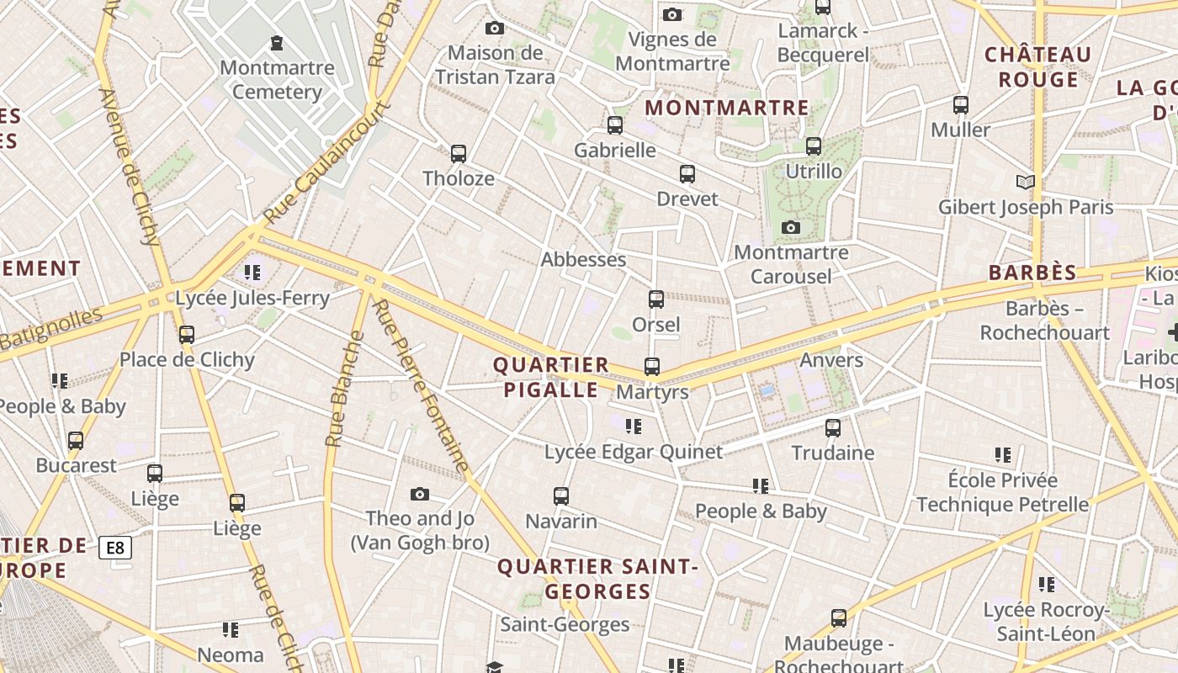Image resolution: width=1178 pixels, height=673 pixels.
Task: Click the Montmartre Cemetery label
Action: coord(277,80)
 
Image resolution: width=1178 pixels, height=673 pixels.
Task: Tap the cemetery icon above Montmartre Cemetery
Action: coord(277,43)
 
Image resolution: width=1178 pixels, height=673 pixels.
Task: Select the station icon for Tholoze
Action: coord(459,154)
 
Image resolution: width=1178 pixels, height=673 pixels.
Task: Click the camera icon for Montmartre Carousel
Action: coord(791,227)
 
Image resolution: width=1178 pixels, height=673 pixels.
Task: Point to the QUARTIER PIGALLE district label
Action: coord(551,377)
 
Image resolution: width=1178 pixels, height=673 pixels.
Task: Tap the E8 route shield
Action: coord(115,548)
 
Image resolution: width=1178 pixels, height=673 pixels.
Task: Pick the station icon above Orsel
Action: coord(656,299)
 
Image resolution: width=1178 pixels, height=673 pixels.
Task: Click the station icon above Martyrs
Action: coord(652,367)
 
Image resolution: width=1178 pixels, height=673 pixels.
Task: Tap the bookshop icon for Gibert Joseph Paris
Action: coord(1025,182)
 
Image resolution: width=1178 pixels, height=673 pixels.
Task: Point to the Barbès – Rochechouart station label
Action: coord(1044,321)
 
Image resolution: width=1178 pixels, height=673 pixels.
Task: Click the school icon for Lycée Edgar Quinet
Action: coord(634,427)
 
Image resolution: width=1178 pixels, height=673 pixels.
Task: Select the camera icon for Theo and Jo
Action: coord(420,494)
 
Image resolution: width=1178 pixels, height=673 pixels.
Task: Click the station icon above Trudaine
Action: coord(833,427)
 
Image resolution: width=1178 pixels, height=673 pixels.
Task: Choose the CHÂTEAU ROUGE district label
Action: coord(1037,67)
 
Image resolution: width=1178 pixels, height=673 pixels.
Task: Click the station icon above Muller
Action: coord(961,105)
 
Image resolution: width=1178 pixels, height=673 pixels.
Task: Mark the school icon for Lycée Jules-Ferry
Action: coord(252,273)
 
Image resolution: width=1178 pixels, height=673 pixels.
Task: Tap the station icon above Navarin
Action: coord(561,496)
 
